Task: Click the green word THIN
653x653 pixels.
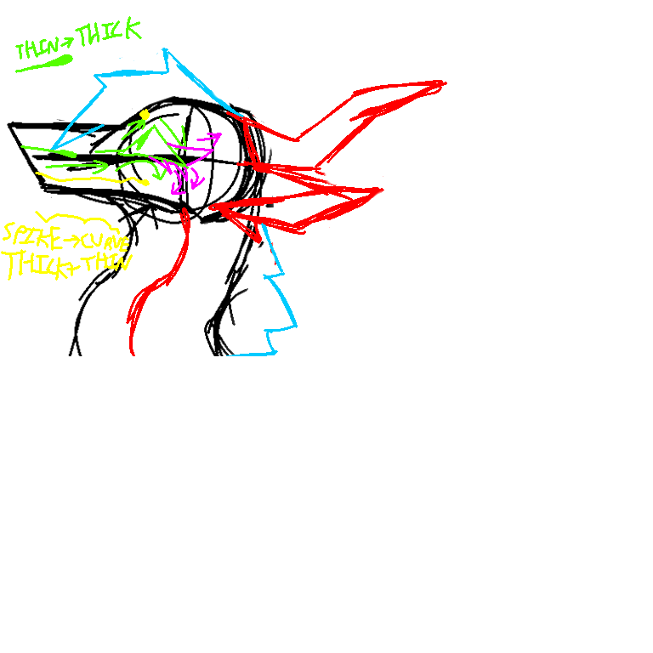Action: coord(37,48)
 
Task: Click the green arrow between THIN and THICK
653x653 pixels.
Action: coord(67,41)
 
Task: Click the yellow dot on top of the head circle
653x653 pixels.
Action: coord(145,114)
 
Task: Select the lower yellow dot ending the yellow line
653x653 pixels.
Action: coord(145,182)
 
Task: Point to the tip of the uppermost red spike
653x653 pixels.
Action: coord(443,82)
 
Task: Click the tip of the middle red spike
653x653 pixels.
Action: coord(381,190)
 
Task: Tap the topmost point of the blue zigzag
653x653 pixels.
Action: coord(164,50)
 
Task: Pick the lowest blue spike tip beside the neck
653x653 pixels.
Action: coord(273,351)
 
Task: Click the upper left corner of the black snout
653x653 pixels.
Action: coord(11,125)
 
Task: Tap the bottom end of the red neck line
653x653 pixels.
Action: coord(132,351)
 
